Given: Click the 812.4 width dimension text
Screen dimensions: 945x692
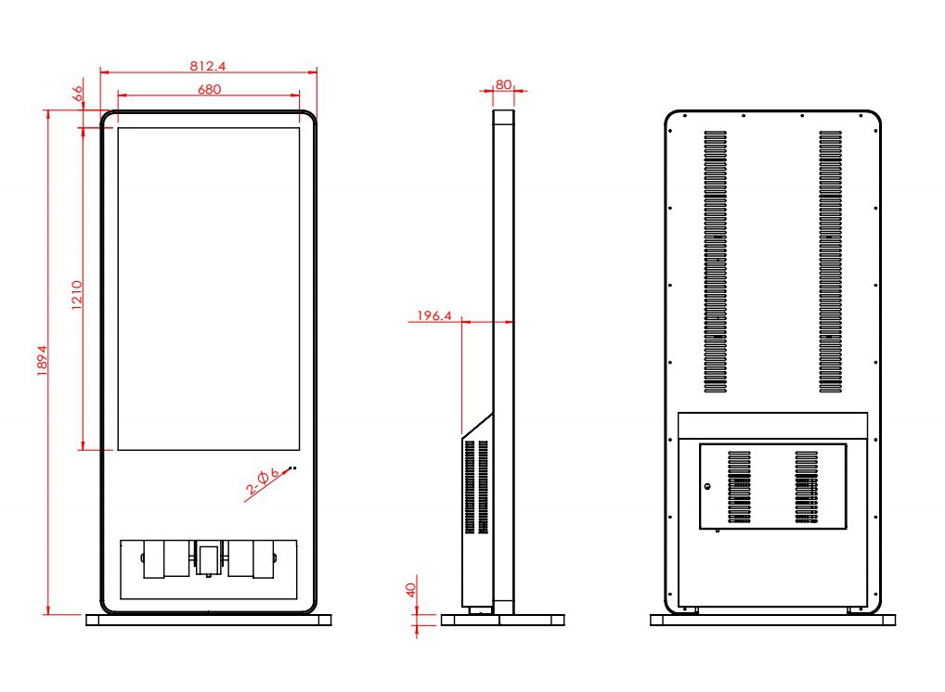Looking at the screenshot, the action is [x=208, y=66].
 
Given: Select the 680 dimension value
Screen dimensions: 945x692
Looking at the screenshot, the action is [x=209, y=89].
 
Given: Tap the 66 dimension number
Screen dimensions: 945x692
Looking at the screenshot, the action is [x=77, y=94].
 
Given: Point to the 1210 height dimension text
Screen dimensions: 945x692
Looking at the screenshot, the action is [x=76, y=295].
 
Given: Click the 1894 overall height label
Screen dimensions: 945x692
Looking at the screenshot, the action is [x=42, y=361].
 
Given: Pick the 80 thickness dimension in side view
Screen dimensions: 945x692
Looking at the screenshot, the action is [x=503, y=85].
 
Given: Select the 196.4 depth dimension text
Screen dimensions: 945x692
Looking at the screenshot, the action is [x=434, y=315].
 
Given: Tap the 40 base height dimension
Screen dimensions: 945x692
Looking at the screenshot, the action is [x=411, y=590].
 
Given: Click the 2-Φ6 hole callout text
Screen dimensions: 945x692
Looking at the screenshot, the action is [x=263, y=481].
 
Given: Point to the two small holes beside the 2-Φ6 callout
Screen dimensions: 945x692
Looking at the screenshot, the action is [x=292, y=468].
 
